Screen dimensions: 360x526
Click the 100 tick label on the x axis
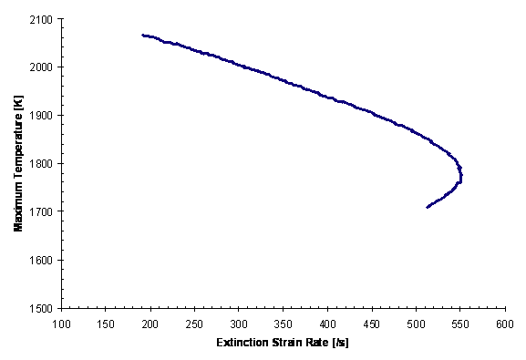tap(62, 323)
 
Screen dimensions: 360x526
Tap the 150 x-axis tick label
tap(106, 323)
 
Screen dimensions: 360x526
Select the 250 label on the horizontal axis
tap(194, 323)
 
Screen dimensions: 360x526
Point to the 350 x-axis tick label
tap(283, 323)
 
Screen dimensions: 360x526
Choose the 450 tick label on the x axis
tap(371, 323)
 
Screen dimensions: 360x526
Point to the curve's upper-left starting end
tap(143, 36)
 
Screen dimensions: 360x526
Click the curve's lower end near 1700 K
tap(428, 207)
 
